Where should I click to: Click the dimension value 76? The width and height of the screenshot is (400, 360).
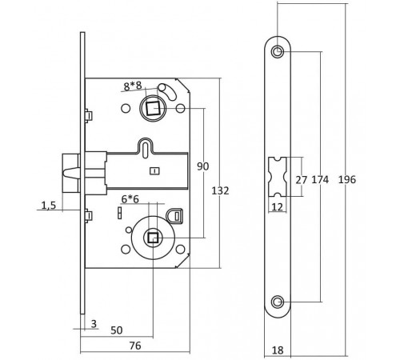(136, 346)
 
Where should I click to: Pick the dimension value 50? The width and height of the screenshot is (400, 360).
(117, 330)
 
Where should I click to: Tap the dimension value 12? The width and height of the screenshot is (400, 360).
(277, 207)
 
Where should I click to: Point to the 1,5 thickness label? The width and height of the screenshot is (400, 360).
(48, 205)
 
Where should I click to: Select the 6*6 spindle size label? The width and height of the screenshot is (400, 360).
(131, 198)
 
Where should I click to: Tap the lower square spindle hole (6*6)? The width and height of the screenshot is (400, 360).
(152, 237)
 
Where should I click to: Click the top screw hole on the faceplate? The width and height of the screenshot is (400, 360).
(277, 53)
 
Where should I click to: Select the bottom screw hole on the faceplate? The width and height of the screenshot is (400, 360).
(277, 302)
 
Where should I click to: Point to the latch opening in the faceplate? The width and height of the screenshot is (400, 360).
(277, 178)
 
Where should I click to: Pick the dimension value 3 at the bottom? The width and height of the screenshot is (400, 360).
(94, 323)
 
